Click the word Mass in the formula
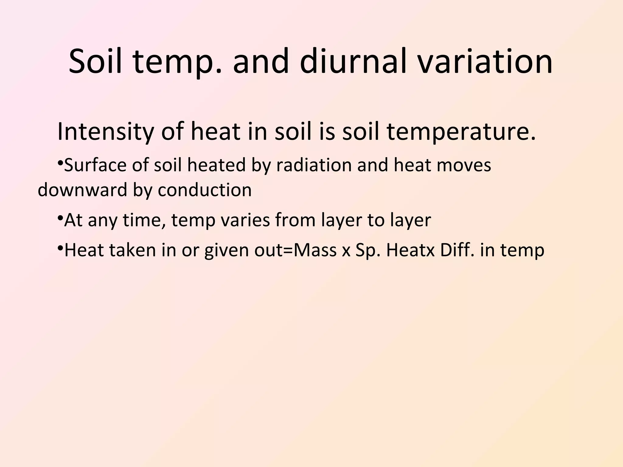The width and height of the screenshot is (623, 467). pos(315,250)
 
